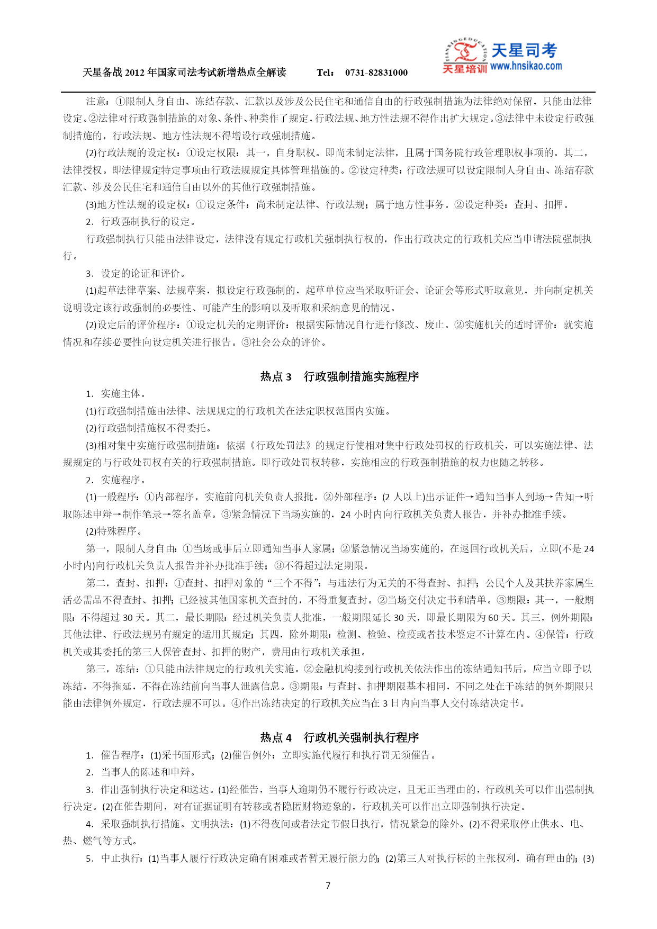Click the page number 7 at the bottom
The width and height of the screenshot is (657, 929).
[x=328, y=886]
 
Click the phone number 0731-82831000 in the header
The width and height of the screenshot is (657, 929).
[x=376, y=73]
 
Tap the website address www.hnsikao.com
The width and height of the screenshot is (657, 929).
[x=526, y=66]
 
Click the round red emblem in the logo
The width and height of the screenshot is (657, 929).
[x=465, y=52]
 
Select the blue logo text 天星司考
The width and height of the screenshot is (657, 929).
[x=524, y=50]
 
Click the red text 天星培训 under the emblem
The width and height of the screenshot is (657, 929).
[x=464, y=69]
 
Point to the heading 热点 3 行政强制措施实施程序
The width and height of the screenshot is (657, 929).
[x=339, y=376]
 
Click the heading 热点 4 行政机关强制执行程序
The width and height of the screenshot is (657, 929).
[x=339, y=737]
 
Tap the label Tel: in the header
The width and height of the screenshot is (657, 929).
[x=325, y=73]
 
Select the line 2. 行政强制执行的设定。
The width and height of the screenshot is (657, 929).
[x=141, y=222]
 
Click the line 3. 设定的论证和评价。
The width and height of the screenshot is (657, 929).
[x=136, y=273]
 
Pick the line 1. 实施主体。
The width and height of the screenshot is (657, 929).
[x=116, y=393]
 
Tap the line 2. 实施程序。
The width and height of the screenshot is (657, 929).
[x=116, y=480]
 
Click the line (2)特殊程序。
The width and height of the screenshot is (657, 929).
[x=114, y=531]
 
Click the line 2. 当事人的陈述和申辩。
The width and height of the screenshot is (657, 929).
[x=141, y=772]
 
